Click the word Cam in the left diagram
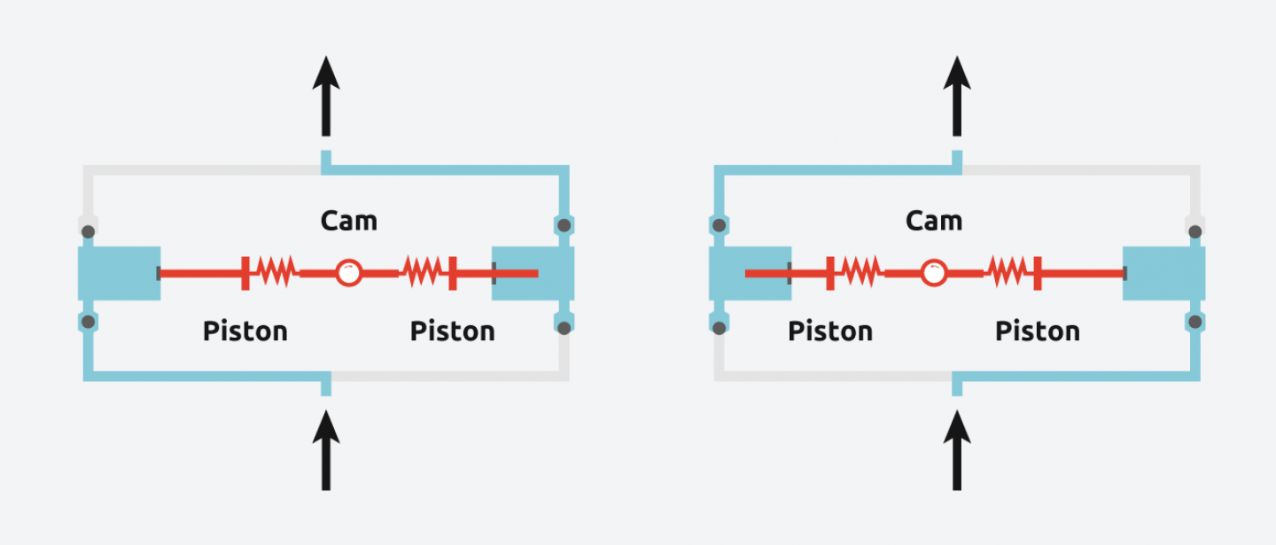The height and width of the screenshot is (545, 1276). (x=348, y=220)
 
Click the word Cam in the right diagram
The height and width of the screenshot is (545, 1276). (x=933, y=220)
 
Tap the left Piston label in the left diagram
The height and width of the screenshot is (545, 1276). (x=245, y=331)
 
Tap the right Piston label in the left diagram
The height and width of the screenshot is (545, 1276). (x=452, y=331)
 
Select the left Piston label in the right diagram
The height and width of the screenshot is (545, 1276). (x=830, y=331)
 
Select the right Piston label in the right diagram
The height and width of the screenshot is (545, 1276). (x=1037, y=331)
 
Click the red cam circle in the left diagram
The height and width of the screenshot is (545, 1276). (x=348, y=273)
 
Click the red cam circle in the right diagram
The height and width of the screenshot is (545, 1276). (x=933, y=273)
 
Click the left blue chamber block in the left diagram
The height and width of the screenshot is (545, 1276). (x=119, y=273)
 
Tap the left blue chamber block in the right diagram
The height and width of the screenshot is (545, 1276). (x=750, y=273)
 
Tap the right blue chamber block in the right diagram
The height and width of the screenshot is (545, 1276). (x=1163, y=273)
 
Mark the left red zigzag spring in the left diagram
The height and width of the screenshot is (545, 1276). (x=275, y=273)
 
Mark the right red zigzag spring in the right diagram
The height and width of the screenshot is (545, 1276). (x=1007, y=273)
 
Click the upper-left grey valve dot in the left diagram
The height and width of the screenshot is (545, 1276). (x=88, y=232)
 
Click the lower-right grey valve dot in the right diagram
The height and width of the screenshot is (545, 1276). (x=1194, y=321)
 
